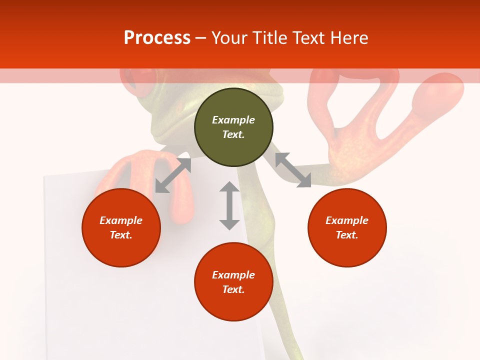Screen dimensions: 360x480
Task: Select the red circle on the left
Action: click(x=121, y=227)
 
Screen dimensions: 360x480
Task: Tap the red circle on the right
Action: click(x=347, y=227)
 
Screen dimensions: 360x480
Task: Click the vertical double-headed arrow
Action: click(x=229, y=205)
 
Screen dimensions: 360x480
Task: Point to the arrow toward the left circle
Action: click(x=173, y=175)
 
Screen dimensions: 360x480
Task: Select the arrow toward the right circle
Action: click(x=293, y=170)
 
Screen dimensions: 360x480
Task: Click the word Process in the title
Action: click(x=157, y=38)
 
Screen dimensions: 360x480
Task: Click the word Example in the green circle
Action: click(x=233, y=120)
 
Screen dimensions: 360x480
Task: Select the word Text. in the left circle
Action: click(x=121, y=235)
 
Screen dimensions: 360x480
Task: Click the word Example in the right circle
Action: click(x=347, y=220)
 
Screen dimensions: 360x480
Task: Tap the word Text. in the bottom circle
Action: click(x=233, y=289)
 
